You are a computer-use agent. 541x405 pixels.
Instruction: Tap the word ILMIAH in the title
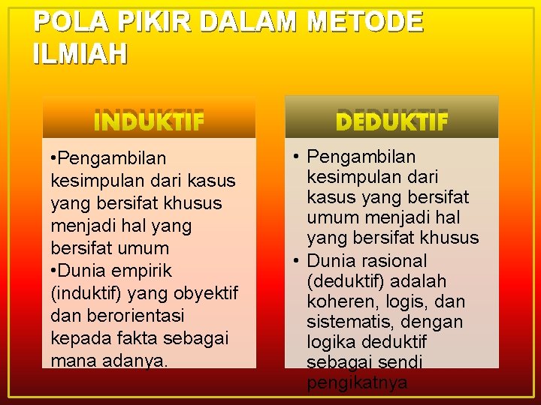click(x=80, y=53)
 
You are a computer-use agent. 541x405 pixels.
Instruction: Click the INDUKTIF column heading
click(x=149, y=121)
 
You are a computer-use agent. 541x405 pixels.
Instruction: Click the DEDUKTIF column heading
click(x=391, y=120)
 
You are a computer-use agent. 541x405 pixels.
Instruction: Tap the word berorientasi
click(x=127, y=316)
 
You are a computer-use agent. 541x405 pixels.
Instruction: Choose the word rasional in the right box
click(x=395, y=261)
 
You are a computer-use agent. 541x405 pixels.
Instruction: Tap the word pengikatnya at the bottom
click(x=357, y=383)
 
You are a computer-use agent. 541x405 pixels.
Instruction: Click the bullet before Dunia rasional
click(x=296, y=261)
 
